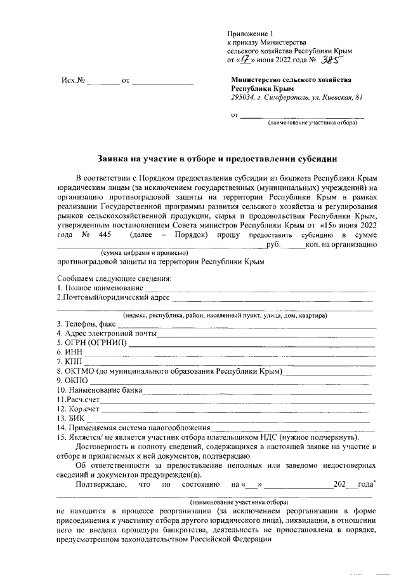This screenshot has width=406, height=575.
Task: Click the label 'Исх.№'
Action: tap(73, 81)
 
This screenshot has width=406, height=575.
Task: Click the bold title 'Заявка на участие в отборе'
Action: tap(216, 158)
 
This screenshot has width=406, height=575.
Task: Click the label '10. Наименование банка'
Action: tap(99, 389)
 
